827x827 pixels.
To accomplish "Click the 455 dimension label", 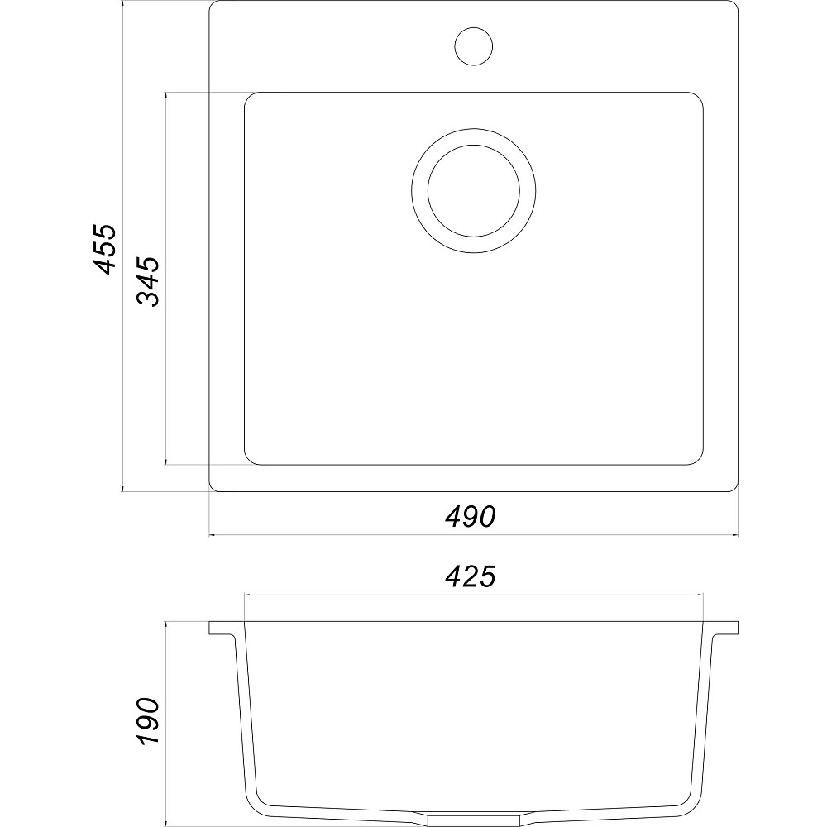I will [106, 247].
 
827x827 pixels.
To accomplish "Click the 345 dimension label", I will [149, 281].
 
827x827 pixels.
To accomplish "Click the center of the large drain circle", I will [474, 192].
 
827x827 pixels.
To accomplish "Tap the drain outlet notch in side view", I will [474, 817].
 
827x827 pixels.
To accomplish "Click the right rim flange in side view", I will [723, 629].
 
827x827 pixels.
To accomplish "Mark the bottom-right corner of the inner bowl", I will [698, 460].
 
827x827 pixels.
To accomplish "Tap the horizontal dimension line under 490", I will [347, 534].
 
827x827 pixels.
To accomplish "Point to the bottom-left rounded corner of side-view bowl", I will [256, 801].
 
